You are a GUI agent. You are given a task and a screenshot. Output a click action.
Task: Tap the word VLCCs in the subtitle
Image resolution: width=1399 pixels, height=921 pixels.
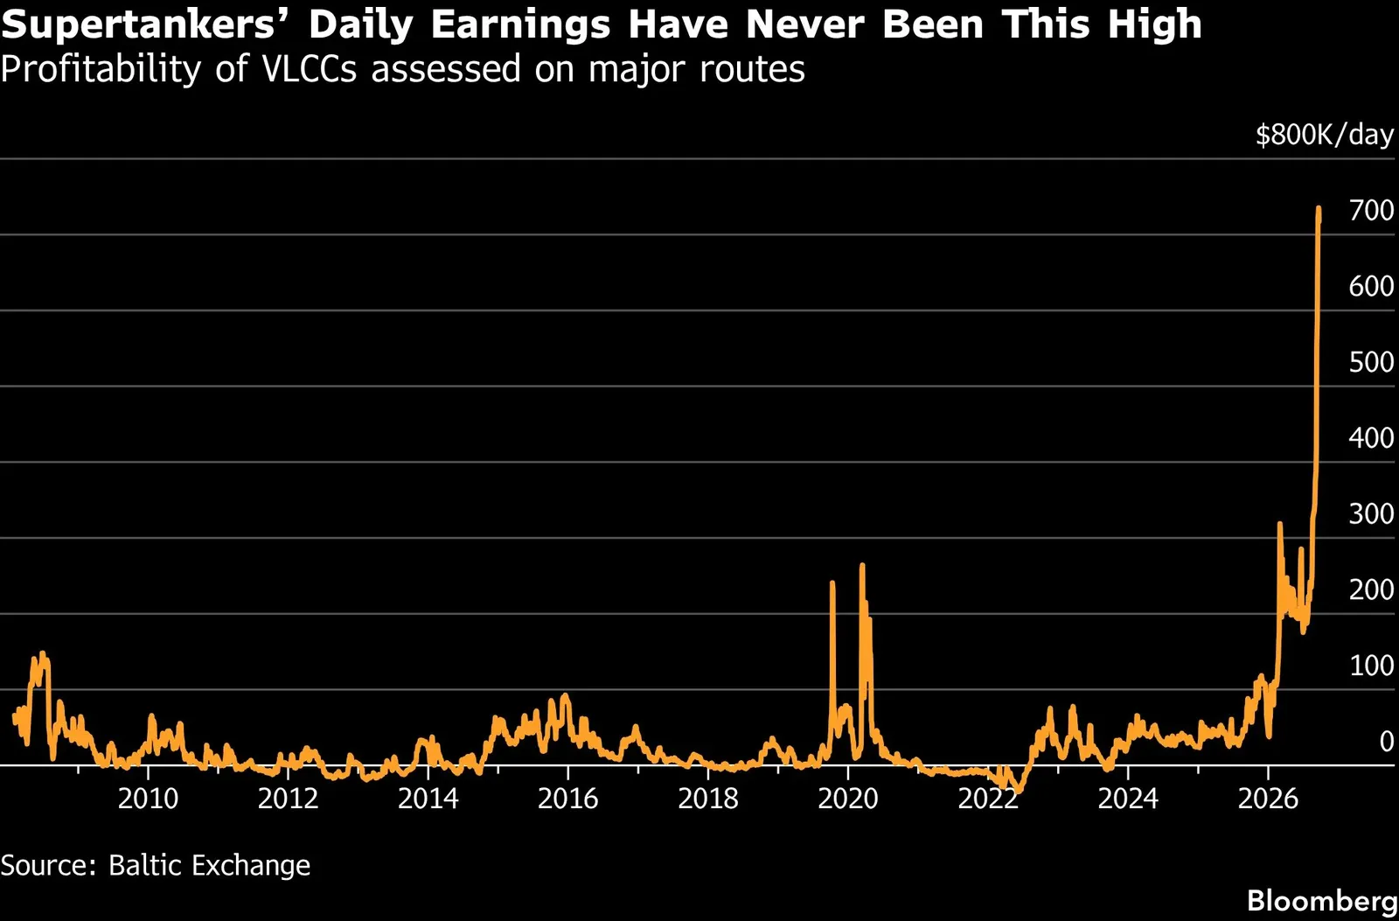coord(310,68)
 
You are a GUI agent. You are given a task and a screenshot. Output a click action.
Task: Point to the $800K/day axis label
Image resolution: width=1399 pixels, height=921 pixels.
coord(1325,135)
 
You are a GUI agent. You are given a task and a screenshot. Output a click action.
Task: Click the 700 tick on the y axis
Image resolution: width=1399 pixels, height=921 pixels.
coord(1372,211)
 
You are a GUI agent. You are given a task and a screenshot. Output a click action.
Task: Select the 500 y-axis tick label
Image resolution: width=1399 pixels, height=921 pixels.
coord(1372,362)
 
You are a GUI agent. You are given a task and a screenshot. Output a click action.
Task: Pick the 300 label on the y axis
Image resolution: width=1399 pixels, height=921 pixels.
coord(1372,514)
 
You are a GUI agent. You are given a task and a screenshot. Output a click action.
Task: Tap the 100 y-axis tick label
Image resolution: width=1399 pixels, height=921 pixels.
coord(1372,666)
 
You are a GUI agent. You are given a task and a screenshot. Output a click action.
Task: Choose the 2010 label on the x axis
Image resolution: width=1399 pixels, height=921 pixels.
coord(148,799)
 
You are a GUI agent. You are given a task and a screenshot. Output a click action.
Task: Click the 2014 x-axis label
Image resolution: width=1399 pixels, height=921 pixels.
coord(428,799)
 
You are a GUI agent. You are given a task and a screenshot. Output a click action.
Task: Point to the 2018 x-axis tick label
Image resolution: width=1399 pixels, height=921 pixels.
coord(708,799)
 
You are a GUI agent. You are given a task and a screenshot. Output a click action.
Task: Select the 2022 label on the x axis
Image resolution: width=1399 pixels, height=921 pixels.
coord(988,799)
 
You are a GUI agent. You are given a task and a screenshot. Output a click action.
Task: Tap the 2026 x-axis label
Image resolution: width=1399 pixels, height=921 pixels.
coord(1268,799)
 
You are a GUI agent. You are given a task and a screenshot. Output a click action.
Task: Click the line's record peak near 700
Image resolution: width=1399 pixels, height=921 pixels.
coord(1319,209)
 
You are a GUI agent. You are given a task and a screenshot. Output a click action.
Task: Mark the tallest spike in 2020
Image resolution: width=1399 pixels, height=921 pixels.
coord(862,566)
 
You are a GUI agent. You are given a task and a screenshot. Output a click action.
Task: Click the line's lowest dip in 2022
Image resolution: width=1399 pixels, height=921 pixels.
coord(1020,791)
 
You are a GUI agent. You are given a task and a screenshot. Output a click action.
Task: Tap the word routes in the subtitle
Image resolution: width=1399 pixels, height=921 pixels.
coord(752,70)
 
